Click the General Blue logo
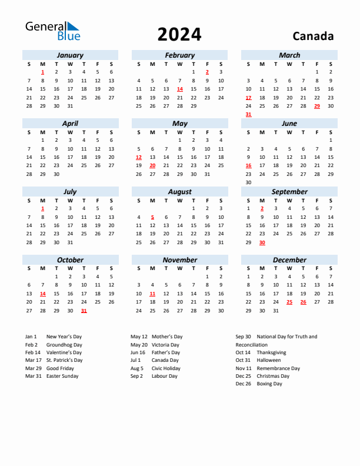52,31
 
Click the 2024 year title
179,35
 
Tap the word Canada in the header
313,36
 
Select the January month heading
70,55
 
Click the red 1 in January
43,72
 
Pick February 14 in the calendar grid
180,89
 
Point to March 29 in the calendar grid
317,106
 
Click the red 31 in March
248,114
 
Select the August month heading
179,192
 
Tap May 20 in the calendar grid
152,166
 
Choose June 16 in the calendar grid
248,166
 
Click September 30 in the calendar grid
262,242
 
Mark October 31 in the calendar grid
84,311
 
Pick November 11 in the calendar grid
152,294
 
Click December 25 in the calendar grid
289,302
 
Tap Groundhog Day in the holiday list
64,345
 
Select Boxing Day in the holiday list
269,384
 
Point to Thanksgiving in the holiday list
271,352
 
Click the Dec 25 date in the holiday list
243,376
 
